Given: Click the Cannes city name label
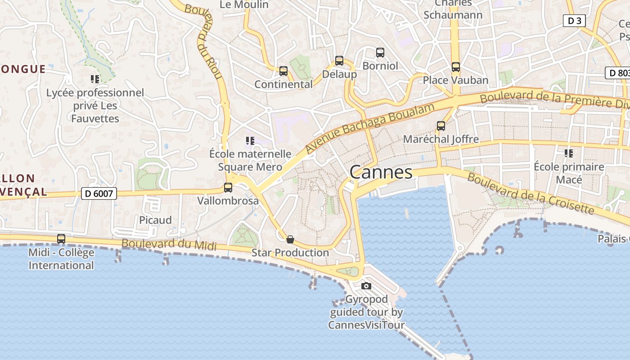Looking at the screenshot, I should point(381,172).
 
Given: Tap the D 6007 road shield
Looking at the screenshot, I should point(99,193).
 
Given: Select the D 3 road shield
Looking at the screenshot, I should point(574,20).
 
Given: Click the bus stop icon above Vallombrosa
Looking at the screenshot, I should point(228,188).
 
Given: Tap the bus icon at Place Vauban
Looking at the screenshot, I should point(456,67).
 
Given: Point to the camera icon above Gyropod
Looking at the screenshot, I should point(366,286).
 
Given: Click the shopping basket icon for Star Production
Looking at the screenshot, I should point(290,239).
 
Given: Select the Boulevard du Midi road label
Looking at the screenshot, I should point(169,244).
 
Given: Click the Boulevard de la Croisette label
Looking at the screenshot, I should point(531,193).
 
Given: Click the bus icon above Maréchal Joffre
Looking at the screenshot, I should point(441,126).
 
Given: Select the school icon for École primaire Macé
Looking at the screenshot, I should point(569,153).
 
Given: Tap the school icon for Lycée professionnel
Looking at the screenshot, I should point(95,80).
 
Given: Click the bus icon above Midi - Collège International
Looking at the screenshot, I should point(61,239).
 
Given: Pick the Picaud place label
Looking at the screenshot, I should point(155,220).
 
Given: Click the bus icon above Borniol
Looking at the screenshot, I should point(380,53).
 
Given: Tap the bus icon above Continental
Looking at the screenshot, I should point(283,71).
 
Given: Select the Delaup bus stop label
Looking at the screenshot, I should point(339,74).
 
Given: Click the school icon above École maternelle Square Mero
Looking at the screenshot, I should point(250,141).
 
